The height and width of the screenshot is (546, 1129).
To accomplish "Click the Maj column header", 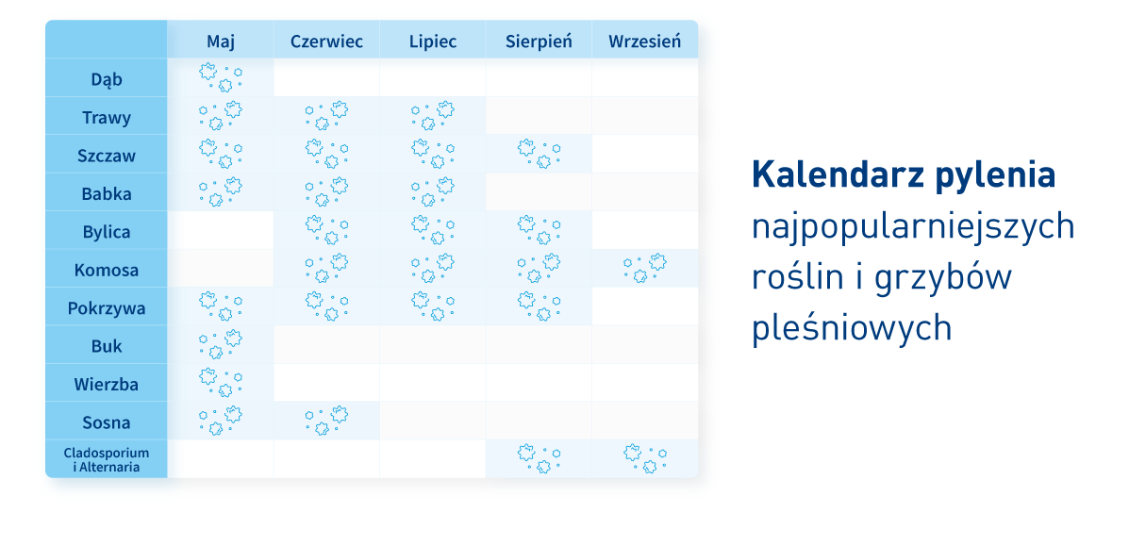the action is coord(221,41).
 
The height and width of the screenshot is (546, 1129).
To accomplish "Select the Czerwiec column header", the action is coord(326,41).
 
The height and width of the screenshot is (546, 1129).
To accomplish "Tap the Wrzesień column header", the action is coord(644,41).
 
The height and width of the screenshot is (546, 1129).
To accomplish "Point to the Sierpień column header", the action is coord(539,41).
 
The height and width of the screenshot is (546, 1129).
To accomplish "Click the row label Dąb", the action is coord(107,79).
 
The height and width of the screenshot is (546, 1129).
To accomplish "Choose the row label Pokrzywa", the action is coord(107,308).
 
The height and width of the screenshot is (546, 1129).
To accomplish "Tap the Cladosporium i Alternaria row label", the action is coord(107,459).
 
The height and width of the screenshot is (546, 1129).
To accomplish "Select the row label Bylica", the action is coord(107,232).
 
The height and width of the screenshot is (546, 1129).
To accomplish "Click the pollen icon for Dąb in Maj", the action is coord(221,77).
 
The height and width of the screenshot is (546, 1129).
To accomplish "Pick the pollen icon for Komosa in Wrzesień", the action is coord(644,268).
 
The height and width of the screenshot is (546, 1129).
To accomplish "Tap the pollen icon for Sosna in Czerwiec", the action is coord(326,421).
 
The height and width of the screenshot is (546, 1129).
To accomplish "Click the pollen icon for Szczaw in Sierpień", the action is coord(539,154).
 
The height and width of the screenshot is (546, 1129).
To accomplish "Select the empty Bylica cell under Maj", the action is coord(221,230).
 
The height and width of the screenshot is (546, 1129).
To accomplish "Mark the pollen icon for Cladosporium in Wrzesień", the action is coord(644,458).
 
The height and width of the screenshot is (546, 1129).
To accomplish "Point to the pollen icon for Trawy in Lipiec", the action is coord(433,115).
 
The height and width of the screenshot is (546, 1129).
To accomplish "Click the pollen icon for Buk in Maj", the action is coord(221,344).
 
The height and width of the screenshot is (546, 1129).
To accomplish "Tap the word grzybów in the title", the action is coord(942,278).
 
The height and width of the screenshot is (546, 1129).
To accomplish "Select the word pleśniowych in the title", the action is coord(852,328).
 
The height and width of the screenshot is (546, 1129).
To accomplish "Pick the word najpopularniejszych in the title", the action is coord(913,228).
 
